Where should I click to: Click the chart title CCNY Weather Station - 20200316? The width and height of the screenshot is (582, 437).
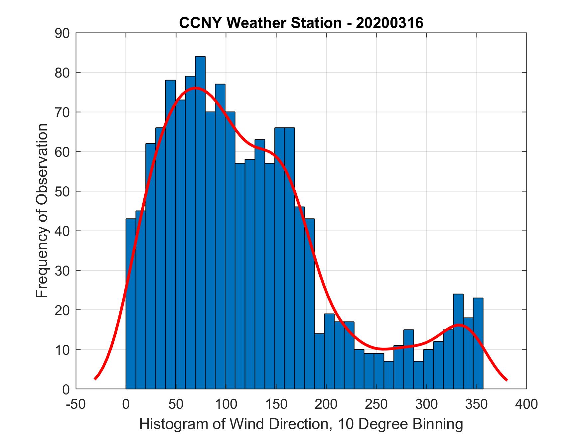[301, 23]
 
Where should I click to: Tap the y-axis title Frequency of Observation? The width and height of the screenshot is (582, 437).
[42, 211]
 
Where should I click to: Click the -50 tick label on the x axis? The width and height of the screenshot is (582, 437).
[76, 404]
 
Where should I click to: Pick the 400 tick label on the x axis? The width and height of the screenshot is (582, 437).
[526, 404]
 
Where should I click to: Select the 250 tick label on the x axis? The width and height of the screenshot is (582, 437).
[376, 404]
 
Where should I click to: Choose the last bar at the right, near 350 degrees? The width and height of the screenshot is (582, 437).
[478, 343]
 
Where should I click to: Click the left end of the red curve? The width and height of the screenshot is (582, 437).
[95, 379]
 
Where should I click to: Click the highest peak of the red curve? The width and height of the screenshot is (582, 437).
[195, 88]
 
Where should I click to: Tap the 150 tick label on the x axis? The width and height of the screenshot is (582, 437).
[276, 404]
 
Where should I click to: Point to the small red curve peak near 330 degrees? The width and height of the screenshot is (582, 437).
[459, 325]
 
